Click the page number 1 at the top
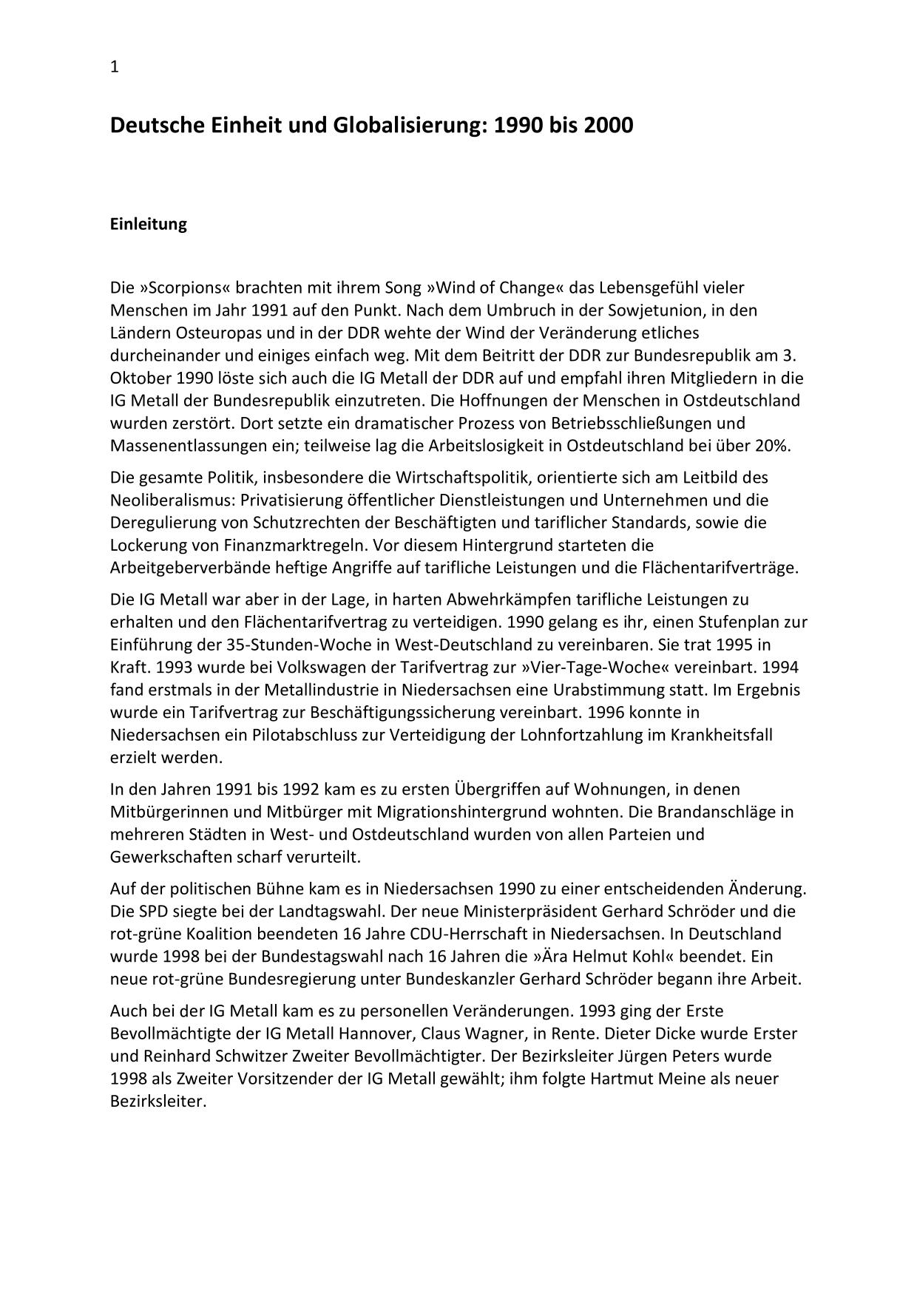coord(115,67)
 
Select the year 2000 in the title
coord(608,126)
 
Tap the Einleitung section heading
coord(148,224)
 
